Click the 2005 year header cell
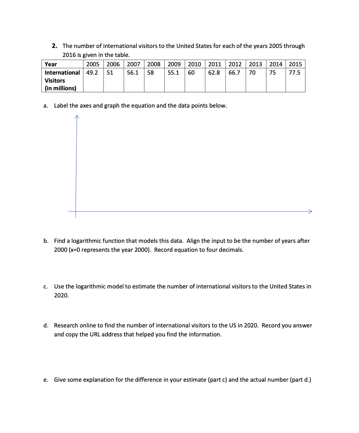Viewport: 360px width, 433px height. click(93, 64)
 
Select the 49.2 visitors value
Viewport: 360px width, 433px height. click(92, 73)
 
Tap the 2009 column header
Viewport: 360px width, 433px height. click(174, 64)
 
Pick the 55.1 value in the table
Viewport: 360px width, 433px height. click(173, 73)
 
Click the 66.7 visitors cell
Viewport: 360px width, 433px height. click(234, 73)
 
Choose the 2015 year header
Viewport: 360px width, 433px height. click(295, 64)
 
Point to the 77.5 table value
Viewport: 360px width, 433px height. click(294, 73)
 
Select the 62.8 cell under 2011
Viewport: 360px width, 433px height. click(214, 73)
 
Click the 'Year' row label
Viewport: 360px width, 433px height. click(51, 64)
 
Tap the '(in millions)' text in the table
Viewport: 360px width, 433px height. click(61, 88)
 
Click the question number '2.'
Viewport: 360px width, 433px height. click(55, 46)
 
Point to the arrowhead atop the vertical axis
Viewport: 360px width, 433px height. click(77, 116)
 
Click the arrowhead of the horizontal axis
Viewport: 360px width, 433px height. click(310, 211)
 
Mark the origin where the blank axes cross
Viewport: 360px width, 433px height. click(76, 211)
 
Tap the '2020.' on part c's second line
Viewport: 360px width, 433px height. click(62, 295)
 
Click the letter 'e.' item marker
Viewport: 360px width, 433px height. click(46, 380)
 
